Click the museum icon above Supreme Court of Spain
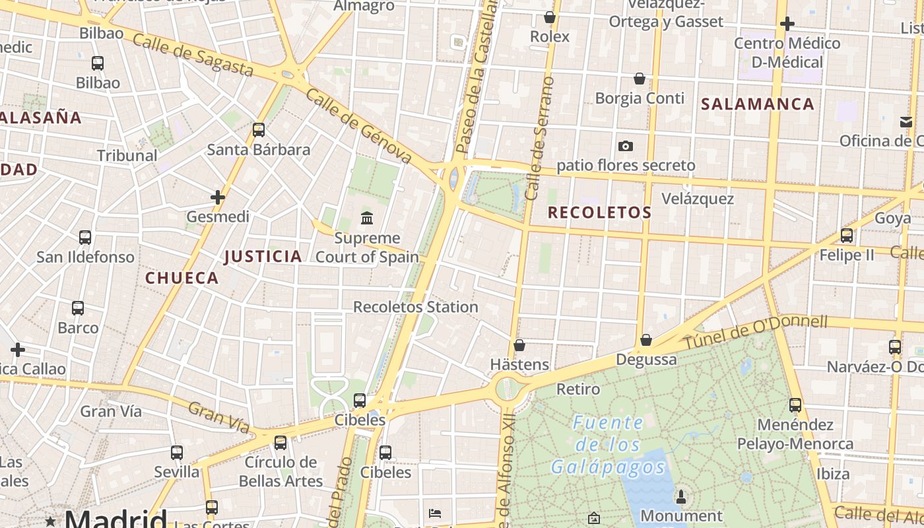click(x=367, y=217)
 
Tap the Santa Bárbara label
click(x=259, y=150)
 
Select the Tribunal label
click(x=127, y=156)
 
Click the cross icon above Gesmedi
click(x=218, y=197)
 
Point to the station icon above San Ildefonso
click(x=85, y=238)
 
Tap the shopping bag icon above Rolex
click(x=550, y=17)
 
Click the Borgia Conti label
click(x=640, y=98)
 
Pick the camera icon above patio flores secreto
click(x=626, y=146)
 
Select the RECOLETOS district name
click(x=599, y=213)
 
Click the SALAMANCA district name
click(x=758, y=104)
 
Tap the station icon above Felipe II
click(x=847, y=235)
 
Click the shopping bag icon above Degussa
click(x=646, y=340)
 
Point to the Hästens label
click(x=519, y=364)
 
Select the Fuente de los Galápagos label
click(x=608, y=445)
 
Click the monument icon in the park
click(x=682, y=496)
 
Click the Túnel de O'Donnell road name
click(x=755, y=332)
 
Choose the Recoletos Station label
click(x=416, y=307)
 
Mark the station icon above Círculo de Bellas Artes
click(x=280, y=442)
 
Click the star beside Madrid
click(x=50, y=521)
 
